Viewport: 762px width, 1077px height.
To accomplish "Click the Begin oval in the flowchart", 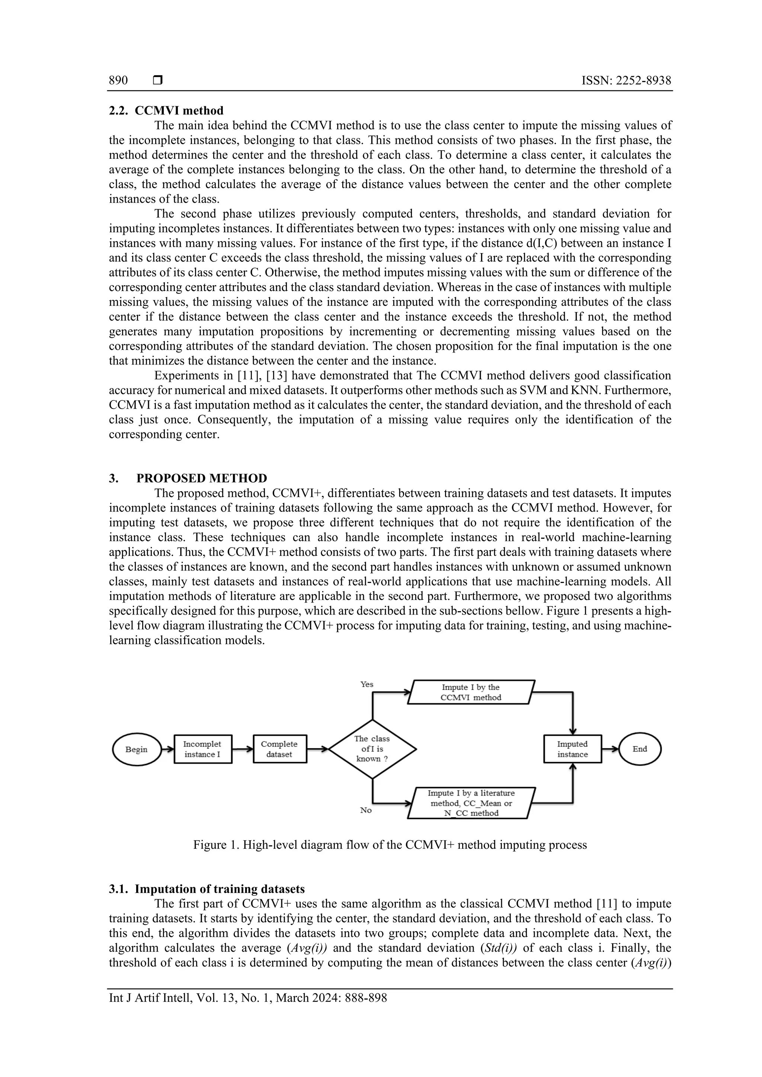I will pyautogui.click(x=137, y=749).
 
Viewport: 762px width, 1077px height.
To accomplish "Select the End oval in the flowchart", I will pyautogui.click(x=640, y=749).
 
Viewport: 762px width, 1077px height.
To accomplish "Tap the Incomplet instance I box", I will pyautogui.click(x=203, y=749).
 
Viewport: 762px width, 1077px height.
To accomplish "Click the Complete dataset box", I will pyautogui.click(x=280, y=749).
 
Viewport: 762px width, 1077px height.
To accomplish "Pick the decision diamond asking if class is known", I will pyautogui.click(x=372, y=749).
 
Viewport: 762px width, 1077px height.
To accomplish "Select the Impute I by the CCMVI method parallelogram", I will pyautogui.click(x=471, y=692).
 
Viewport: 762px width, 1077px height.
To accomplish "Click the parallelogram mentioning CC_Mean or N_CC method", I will pyautogui.click(x=471, y=803).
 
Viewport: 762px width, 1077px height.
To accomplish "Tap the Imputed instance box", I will pyautogui.click(x=572, y=749).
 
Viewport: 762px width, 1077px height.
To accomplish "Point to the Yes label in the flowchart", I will pyautogui.click(x=367, y=684).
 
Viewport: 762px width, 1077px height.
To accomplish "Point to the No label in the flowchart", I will pyautogui.click(x=366, y=810).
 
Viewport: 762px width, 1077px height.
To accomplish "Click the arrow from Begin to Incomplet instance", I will pyautogui.click(x=167, y=749).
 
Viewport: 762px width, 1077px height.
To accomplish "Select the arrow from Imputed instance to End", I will pyautogui.click(x=610, y=749).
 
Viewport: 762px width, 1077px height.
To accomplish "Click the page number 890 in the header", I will pyautogui.click(x=118, y=81).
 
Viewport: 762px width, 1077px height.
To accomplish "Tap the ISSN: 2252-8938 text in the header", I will pyautogui.click(x=626, y=81).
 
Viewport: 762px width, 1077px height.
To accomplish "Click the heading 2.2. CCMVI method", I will pyautogui.click(x=166, y=111).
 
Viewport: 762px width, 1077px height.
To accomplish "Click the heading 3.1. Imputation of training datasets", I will pyautogui.click(x=206, y=889).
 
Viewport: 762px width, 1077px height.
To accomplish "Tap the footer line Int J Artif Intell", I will pyautogui.click(x=248, y=998).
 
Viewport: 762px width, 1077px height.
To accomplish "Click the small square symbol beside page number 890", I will pyautogui.click(x=158, y=81).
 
